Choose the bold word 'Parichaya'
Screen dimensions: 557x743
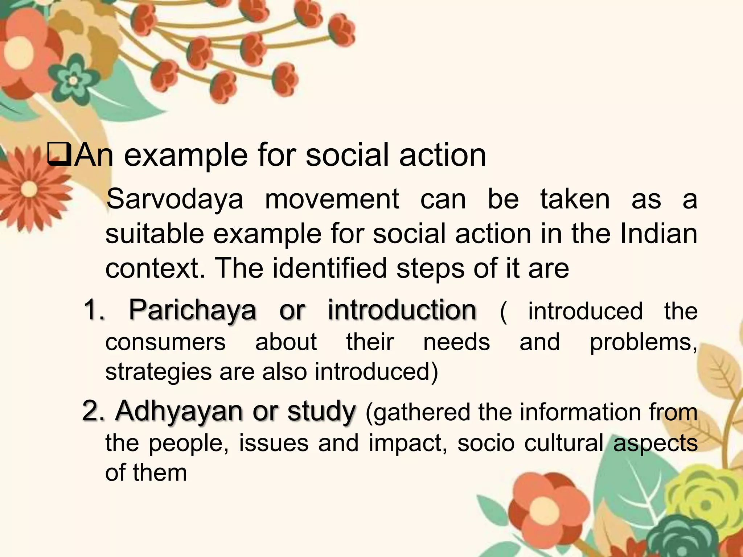192,310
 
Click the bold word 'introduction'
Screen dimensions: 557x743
402,310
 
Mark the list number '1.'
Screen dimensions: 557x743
94,310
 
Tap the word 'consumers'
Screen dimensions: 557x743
165,342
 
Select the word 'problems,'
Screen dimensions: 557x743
643,342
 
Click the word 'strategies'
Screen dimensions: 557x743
158,372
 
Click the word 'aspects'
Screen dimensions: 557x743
655,443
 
